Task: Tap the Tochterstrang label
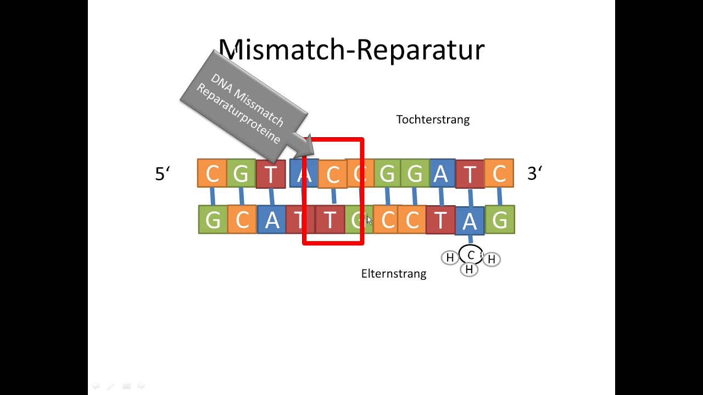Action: [x=433, y=120]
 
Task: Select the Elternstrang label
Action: [x=393, y=273]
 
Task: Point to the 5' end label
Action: [x=162, y=174]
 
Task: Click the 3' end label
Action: [x=534, y=174]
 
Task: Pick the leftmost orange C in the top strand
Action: [x=212, y=173]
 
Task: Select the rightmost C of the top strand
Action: [x=499, y=173]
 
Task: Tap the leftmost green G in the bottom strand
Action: [x=213, y=220]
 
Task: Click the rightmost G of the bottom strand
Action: [x=500, y=220]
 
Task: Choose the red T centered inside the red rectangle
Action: [x=330, y=220]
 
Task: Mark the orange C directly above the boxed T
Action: [x=333, y=174]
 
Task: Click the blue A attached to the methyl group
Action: [x=470, y=221]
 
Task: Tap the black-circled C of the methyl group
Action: [x=471, y=256]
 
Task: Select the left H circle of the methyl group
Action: [x=450, y=258]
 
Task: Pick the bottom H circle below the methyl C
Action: [x=469, y=269]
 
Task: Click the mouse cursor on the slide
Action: [x=369, y=220]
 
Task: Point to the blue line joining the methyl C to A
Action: [x=470, y=240]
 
